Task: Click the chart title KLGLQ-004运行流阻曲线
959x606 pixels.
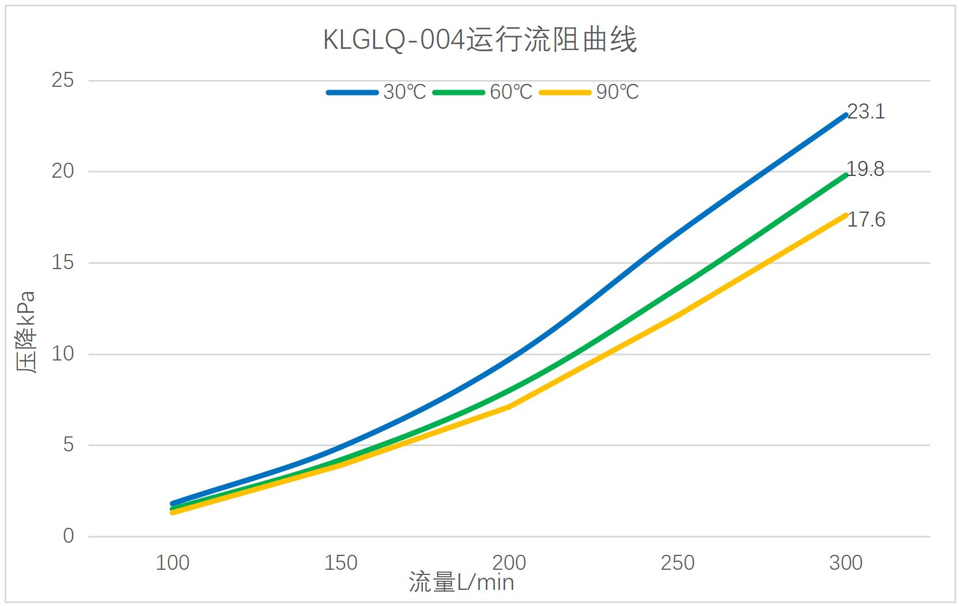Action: click(x=480, y=41)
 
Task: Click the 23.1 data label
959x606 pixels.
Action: click(x=866, y=112)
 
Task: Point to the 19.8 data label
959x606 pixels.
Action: click(x=865, y=170)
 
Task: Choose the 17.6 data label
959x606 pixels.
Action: click(x=866, y=220)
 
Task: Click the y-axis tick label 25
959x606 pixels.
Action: click(x=63, y=80)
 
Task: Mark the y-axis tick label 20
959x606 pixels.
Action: click(x=63, y=171)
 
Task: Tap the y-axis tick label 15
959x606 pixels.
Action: click(x=63, y=263)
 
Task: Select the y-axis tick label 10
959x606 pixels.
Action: click(x=63, y=354)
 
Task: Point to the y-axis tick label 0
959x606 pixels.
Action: click(x=68, y=536)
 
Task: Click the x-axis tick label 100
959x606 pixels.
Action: click(x=173, y=563)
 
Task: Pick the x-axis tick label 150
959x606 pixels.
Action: click(x=341, y=563)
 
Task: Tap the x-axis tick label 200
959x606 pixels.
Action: click(x=509, y=563)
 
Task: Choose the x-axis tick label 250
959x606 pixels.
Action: click(x=678, y=563)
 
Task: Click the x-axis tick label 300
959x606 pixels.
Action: click(x=846, y=563)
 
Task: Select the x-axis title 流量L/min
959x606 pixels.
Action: click(x=461, y=583)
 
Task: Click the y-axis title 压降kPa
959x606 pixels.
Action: click(x=26, y=332)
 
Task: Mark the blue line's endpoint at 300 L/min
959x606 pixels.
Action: click(x=845, y=116)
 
